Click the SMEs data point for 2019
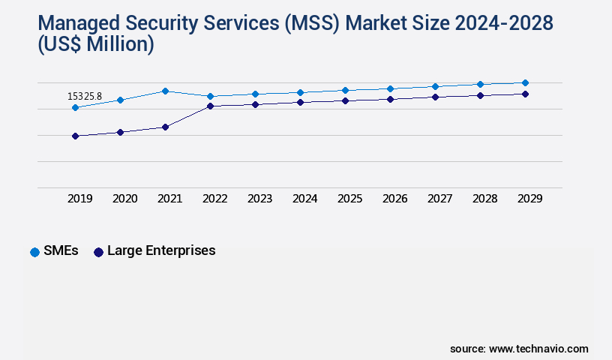pos(75,107)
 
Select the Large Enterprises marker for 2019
pos(75,136)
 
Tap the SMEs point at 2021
pos(165,91)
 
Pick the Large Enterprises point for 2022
pos(210,106)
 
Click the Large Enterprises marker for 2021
pos(165,127)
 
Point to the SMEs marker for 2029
pos(525,82)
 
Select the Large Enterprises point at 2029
pos(525,94)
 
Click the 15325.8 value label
pos(84,96)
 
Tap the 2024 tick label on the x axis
pos(304,199)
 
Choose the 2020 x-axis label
pos(124,199)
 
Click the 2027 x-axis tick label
pos(439,199)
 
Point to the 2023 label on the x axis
pos(259,199)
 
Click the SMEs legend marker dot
pos(34,252)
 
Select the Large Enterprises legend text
pos(161,250)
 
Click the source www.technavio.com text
pos(519,349)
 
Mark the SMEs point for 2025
pos(345,90)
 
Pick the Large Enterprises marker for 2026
pos(390,99)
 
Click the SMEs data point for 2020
pos(120,100)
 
